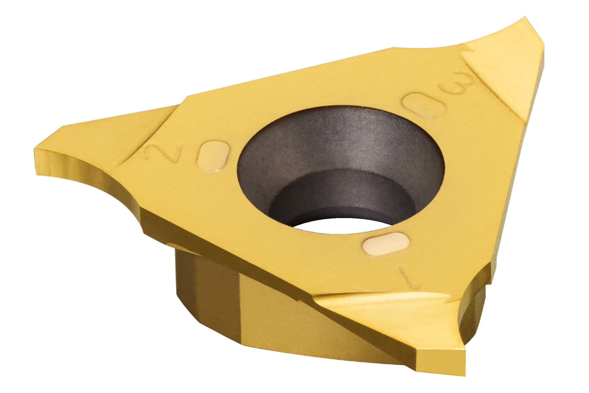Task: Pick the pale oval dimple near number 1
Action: pyautogui.click(x=386, y=244)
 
